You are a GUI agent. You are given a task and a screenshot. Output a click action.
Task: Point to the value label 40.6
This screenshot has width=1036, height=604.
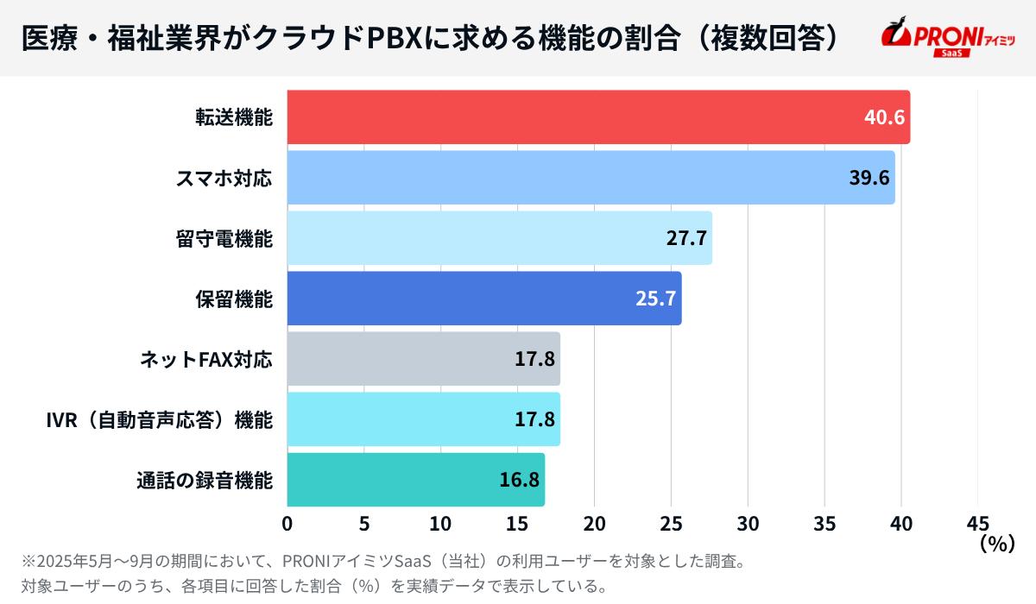click(884, 117)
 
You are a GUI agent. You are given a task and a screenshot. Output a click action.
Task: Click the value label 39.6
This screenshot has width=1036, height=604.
click(869, 178)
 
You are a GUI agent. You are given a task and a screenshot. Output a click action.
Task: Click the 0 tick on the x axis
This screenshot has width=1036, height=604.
click(287, 524)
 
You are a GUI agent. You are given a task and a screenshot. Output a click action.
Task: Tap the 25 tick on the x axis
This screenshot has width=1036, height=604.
click(671, 524)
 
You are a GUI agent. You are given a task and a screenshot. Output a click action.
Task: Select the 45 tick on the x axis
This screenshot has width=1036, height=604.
click(977, 524)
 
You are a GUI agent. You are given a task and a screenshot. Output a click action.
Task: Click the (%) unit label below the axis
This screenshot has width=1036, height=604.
click(995, 544)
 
